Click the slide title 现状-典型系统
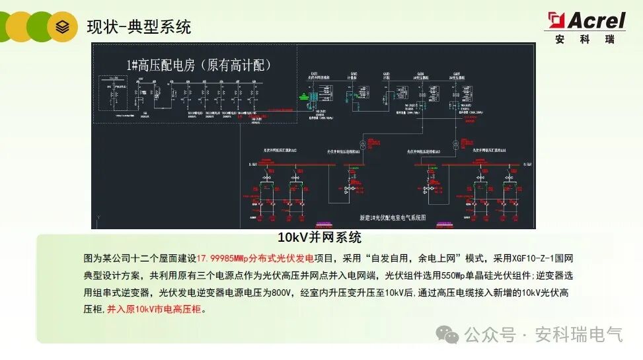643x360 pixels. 139,27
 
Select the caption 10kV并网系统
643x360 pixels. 319,238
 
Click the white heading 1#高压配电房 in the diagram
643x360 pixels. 199,65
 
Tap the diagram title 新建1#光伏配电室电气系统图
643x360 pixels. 393,217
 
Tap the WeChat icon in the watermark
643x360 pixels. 451,336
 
